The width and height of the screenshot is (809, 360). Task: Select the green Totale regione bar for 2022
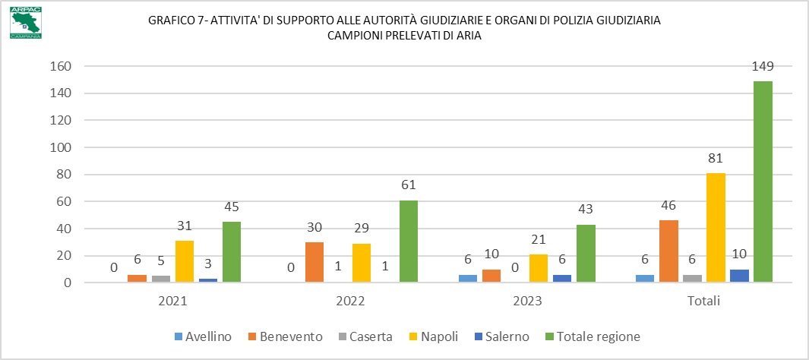408,242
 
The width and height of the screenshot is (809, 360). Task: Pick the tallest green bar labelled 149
763,182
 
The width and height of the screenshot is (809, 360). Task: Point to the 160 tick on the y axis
61,67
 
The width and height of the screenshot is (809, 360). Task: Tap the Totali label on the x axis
704,301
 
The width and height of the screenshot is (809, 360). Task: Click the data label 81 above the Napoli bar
716,158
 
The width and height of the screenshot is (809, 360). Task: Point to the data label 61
408,185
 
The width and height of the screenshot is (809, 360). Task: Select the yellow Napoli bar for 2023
539,269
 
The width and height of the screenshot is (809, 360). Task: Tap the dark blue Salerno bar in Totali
739,276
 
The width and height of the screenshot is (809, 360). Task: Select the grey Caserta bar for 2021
161,279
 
